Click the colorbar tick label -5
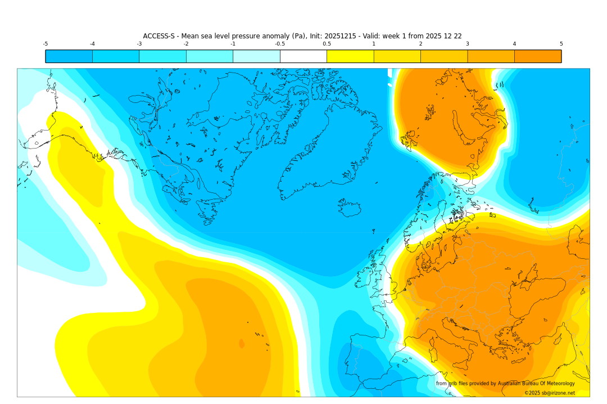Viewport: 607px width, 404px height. [x=45, y=44]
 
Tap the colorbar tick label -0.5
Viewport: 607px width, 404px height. [x=279, y=44]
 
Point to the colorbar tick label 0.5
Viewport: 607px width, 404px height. [x=327, y=44]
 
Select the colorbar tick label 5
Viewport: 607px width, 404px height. [x=561, y=44]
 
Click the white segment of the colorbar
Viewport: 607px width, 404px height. [x=303, y=56]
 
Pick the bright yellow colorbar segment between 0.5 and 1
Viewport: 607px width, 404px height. [x=350, y=56]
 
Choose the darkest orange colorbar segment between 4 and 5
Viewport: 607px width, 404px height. [x=537, y=56]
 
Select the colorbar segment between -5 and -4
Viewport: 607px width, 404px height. [x=69, y=56]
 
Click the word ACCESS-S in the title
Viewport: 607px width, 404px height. [x=159, y=36]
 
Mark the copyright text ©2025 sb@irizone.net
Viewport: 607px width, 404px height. [x=549, y=393]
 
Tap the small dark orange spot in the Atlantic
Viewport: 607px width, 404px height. [x=242, y=343]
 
